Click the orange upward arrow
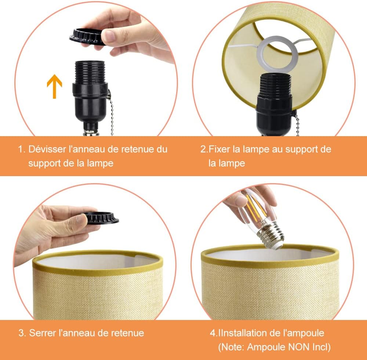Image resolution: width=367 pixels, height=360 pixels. tap(54, 85)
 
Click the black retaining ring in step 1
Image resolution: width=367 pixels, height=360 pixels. tap(86, 36)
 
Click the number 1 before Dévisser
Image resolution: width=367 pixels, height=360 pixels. tap(21, 149)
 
